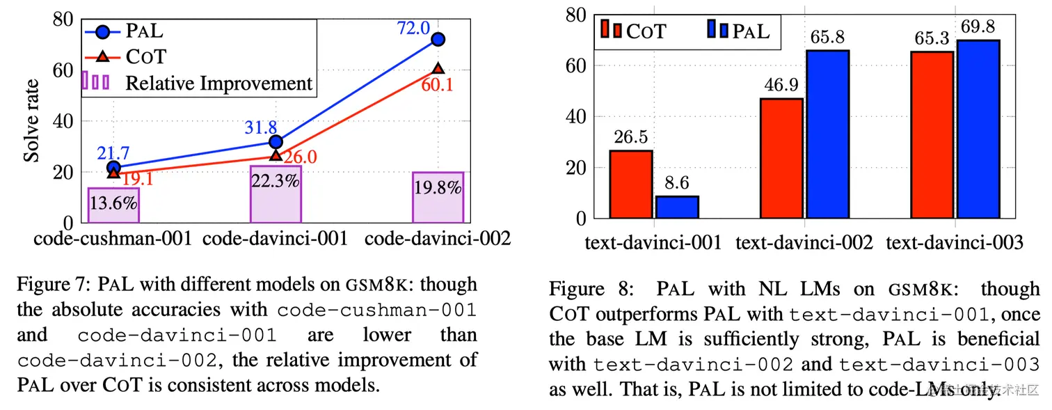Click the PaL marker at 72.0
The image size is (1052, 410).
[438, 40]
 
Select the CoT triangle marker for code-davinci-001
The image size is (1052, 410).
[276, 155]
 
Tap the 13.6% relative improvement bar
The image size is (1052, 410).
[113, 205]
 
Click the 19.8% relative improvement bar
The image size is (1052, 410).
[438, 197]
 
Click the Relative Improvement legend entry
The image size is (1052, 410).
[218, 84]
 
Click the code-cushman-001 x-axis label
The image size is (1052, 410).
[113, 239]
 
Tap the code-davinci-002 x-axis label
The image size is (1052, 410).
[438, 239]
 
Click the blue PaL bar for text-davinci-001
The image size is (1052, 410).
[677, 207]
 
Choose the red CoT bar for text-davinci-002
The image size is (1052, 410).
[781, 158]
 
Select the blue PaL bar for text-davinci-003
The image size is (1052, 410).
[978, 129]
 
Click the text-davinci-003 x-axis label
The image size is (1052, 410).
[955, 243]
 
